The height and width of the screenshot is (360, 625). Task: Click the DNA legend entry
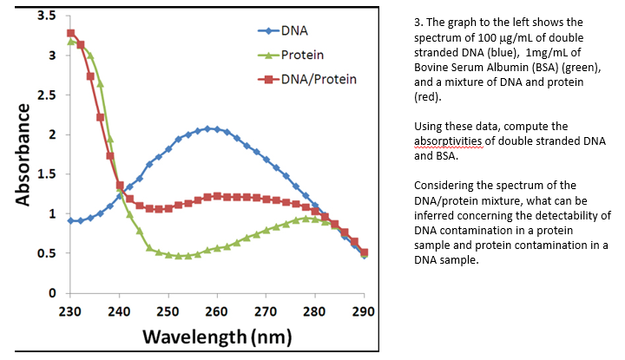(x=293, y=31)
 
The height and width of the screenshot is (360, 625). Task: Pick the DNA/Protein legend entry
(x=319, y=79)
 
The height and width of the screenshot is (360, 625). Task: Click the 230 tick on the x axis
(x=70, y=310)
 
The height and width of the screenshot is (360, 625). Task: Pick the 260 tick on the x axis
(x=217, y=310)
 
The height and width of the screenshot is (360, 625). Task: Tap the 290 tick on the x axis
(x=365, y=310)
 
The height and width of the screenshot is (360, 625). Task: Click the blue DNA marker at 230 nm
(x=70, y=220)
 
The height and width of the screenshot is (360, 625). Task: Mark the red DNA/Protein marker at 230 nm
(x=70, y=33)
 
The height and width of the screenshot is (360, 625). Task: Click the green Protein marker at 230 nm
(x=70, y=41)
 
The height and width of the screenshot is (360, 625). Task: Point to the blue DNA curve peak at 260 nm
(x=217, y=128)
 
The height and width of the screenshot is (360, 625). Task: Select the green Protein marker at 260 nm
(x=217, y=247)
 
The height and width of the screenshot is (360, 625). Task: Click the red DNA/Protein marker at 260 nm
(x=217, y=196)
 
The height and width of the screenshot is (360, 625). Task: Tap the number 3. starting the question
(x=419, y=22)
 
